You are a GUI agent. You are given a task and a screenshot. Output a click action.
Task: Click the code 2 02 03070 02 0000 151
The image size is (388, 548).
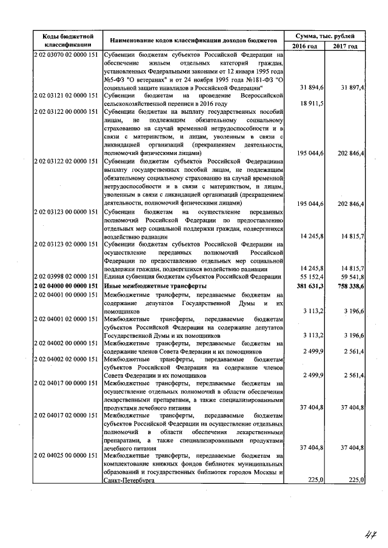67,54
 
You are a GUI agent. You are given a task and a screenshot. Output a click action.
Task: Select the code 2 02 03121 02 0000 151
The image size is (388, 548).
67,96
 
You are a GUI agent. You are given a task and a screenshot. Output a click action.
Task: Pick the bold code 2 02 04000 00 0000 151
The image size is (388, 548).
67,285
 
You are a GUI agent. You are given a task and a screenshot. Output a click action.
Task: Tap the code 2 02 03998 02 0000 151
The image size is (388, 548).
67,277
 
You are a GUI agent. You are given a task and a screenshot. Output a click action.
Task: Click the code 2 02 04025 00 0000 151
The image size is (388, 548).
67,455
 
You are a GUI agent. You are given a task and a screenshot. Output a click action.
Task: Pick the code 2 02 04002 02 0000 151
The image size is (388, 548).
67,360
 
